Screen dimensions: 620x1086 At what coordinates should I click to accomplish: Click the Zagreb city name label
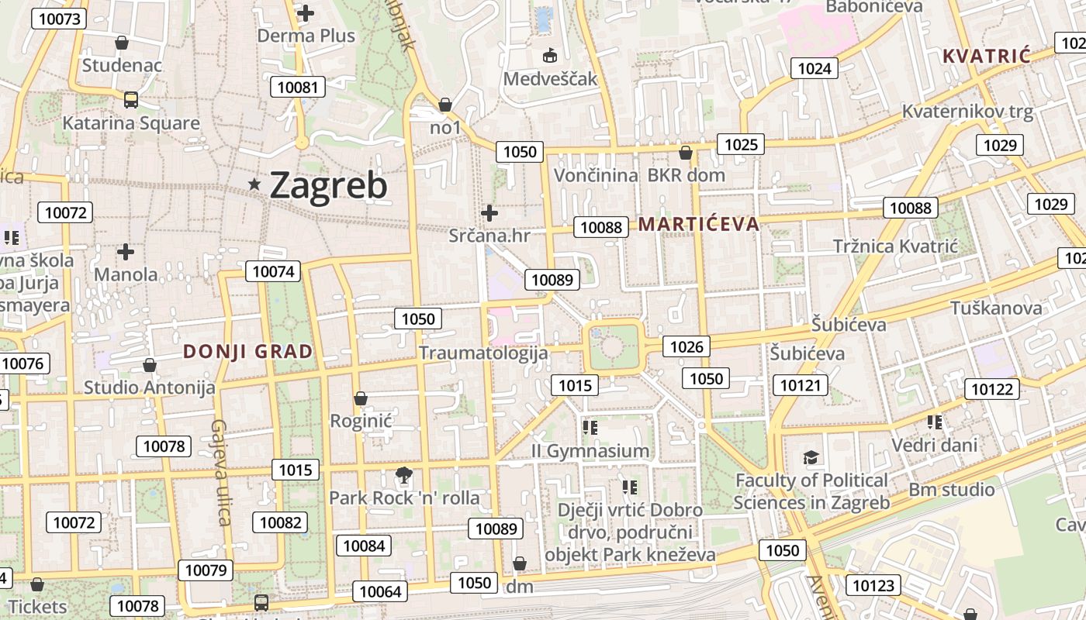click(x=328, y=185)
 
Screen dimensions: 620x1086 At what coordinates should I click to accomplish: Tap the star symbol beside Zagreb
click(x=254, y=184)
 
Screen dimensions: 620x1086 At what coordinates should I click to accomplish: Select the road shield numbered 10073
click(x=57, y=19)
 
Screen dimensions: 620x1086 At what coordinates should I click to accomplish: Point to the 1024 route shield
click(x=814, y=68)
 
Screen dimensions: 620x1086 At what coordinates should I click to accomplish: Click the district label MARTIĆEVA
click(x=698, y=224)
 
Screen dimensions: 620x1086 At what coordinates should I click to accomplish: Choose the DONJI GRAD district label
click(x=248, y=351)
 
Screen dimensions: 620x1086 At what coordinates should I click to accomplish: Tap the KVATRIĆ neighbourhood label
click(x=986, y=56)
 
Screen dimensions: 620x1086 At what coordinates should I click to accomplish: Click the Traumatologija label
click(x=483, y=353)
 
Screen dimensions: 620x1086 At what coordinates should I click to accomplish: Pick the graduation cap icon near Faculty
click(x=811, y=458)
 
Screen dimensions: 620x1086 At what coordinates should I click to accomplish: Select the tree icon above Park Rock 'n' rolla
click(x=403, y=474)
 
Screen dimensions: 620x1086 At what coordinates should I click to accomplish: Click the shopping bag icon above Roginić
click(x=360, y=398)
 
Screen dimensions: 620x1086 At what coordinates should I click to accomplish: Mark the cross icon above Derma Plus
click(x=306, y=12)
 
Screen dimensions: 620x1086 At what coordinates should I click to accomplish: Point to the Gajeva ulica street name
click(x=220, y=472)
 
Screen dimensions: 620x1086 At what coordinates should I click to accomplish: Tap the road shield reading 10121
click(x=800, y=385)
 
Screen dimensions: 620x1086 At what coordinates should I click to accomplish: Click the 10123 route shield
click(x=873, y=585)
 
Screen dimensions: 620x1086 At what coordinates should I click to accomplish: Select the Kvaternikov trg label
click(x=967, y=111)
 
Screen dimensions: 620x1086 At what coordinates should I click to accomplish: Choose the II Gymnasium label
click(x=590, y=450)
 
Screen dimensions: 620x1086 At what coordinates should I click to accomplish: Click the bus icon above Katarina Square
click(x=130, y=99)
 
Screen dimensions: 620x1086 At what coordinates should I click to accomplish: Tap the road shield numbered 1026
click(x=687, y=346)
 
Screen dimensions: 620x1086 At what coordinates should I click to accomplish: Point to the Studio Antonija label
click(x=150, y=387)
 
